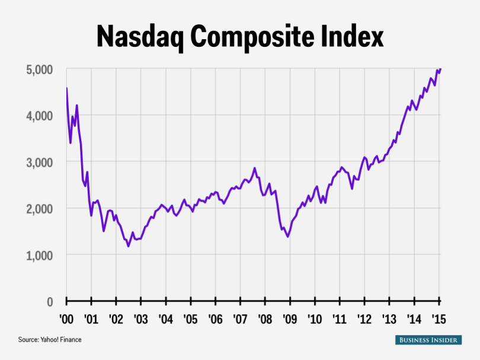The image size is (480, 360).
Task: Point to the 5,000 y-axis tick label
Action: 39,69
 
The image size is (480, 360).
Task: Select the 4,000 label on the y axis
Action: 39,116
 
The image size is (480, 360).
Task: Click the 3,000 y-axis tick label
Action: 39,162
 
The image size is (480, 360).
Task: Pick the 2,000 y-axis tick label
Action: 39,209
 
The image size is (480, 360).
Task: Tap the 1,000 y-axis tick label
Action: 39,255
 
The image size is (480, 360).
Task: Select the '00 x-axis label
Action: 66,318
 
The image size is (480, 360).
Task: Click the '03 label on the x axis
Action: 140,318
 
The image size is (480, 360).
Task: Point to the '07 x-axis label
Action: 239,318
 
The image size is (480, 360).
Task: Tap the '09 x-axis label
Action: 289,318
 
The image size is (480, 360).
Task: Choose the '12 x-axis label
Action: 363,318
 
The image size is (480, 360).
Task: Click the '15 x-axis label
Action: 438,318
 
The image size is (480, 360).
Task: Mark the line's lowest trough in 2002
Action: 128,246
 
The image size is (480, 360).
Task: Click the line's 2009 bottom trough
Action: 288,237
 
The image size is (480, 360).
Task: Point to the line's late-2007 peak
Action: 255,168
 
